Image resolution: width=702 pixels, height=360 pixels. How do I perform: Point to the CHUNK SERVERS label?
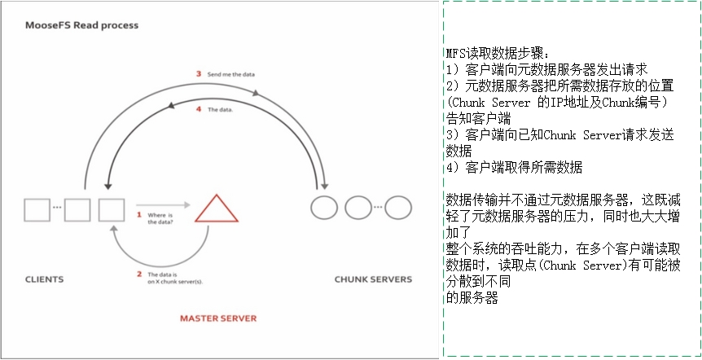click(373, 279)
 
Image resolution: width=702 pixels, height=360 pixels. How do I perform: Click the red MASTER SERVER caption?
click(217, 317)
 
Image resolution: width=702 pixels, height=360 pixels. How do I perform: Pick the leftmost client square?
click(37, 209)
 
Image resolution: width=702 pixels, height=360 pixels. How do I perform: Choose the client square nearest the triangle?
click(111, 209)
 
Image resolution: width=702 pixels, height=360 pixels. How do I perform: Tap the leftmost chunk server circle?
click(324, 208)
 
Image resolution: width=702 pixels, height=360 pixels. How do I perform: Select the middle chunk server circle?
click(358, 208)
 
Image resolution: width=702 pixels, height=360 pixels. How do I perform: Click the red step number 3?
click(198, 74)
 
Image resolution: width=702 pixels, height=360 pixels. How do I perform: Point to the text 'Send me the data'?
click(231, 75)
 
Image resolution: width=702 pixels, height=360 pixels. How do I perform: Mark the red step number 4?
click(198, 108)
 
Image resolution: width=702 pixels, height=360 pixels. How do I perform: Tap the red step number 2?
click(139, 274)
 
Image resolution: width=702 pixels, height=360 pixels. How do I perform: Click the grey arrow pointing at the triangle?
click(163, 204)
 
